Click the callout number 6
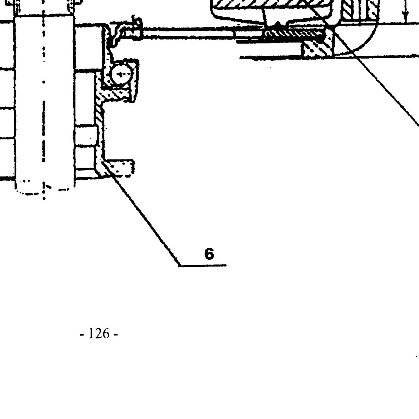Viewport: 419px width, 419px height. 209,254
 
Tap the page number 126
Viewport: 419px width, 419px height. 99,333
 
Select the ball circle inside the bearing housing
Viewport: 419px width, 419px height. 120,75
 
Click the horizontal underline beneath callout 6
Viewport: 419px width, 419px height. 203,265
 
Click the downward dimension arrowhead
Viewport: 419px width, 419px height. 404,18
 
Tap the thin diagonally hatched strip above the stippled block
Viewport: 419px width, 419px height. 294,34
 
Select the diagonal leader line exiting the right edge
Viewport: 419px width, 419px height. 376,76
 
